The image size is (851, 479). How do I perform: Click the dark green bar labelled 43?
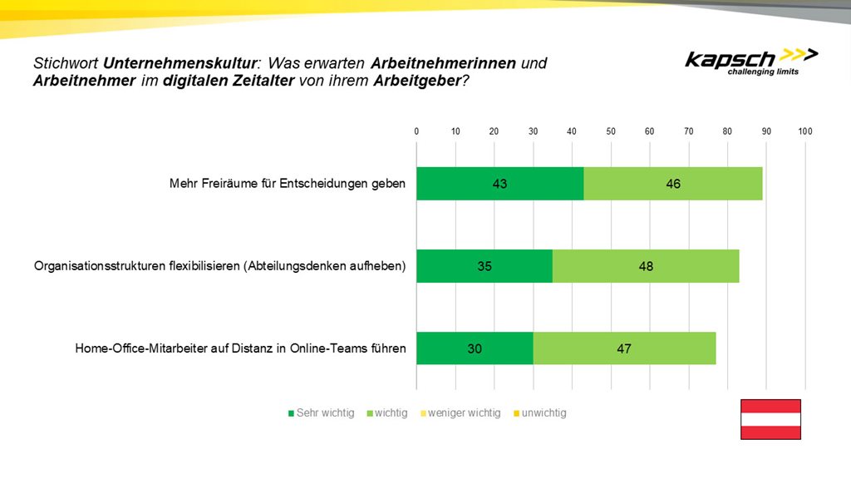(499, 183)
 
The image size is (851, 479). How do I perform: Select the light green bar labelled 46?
(673, 183)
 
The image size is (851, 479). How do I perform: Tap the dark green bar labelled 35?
(485, 266)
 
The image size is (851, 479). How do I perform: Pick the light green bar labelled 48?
(646, 266)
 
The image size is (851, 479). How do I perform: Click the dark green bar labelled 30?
(475, 348)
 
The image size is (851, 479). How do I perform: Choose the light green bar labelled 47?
(624, 348)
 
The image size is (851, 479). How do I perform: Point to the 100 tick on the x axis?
(804, 131)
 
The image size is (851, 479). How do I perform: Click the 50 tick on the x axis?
(611, 131)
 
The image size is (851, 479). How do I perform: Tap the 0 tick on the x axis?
(416, 131)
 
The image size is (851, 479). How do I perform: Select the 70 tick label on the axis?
(688, 131)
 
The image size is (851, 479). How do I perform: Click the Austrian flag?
(770, 419)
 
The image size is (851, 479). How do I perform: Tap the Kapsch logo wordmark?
(730, 59)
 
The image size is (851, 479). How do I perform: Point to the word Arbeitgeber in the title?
(416, 81)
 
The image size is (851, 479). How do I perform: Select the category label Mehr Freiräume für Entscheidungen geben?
(288, 183)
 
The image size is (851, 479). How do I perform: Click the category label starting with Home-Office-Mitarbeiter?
(241, 348)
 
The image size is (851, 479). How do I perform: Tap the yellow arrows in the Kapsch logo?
(800, 55)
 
